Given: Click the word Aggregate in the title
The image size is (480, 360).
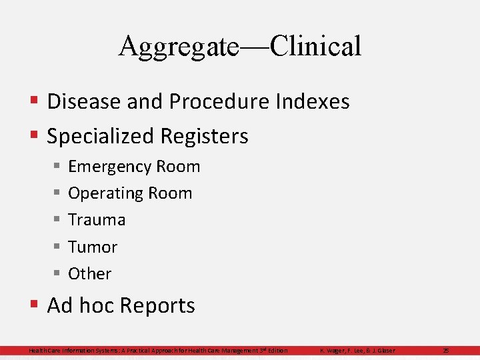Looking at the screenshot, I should tap(179, 47).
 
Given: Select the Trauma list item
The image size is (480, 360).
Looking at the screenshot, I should tap(97, 219).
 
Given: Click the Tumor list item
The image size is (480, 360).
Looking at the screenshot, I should tap(93, 247).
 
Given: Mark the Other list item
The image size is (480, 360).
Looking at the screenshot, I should tap(90, 273).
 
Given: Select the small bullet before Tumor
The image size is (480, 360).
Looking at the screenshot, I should tap(57, 247).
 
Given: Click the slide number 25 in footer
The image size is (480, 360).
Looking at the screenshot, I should tap(446, 351).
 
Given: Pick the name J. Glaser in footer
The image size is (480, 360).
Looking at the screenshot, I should tap(383, 351).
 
